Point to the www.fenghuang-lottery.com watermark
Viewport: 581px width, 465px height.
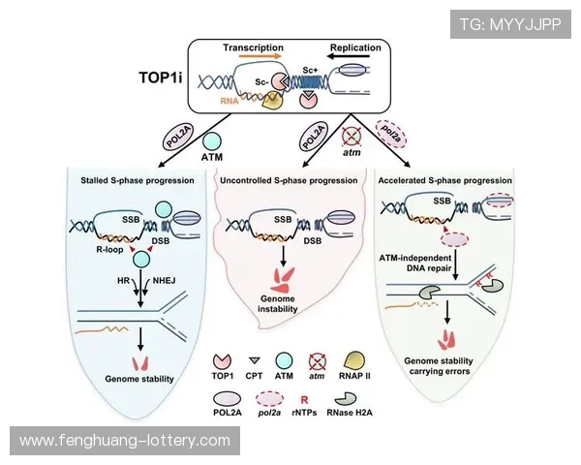pos(124,441)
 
